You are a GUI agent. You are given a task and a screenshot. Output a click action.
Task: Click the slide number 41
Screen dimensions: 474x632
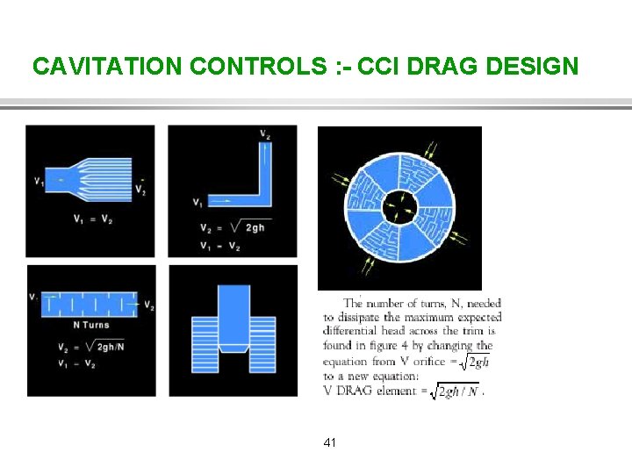pyautogui.click(x=329, y=442)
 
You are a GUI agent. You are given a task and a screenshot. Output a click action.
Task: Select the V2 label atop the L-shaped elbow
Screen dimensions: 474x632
pyautogui.click(x=264, y=133)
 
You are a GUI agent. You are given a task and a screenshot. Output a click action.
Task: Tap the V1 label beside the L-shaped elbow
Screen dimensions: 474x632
pyautogui.click(x=197, y=202)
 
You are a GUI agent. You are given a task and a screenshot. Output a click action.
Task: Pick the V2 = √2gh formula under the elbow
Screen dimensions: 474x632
pyautogui.click(x=232, y=228)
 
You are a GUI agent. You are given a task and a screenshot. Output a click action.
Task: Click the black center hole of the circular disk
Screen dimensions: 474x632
pyautogui.click(x=399, y=207)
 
